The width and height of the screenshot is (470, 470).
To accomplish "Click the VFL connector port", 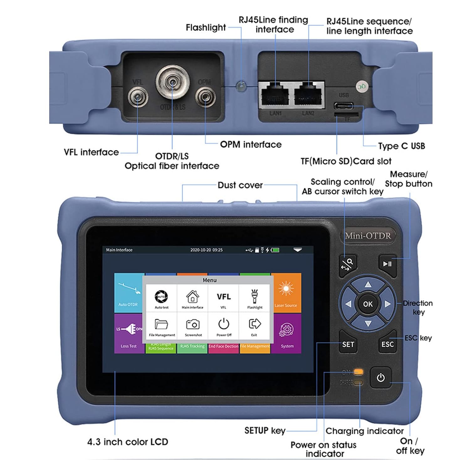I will coord(137,98).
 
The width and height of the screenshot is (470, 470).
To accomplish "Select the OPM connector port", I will coord(205,97).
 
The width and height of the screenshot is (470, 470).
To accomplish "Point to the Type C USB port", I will coord(344,106).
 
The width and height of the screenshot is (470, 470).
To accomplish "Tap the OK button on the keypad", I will coord(368,304).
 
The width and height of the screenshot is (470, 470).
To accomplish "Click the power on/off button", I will coord(381,378).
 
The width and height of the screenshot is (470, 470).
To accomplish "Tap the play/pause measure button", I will coord(387,264).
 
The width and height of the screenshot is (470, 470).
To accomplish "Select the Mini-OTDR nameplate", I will coord(368,236).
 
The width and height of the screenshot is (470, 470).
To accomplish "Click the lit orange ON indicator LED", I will coord(358,372).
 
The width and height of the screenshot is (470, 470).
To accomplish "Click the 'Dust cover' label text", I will coord(240,185).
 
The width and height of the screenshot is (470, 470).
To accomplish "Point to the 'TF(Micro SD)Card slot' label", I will coord(346,161).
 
